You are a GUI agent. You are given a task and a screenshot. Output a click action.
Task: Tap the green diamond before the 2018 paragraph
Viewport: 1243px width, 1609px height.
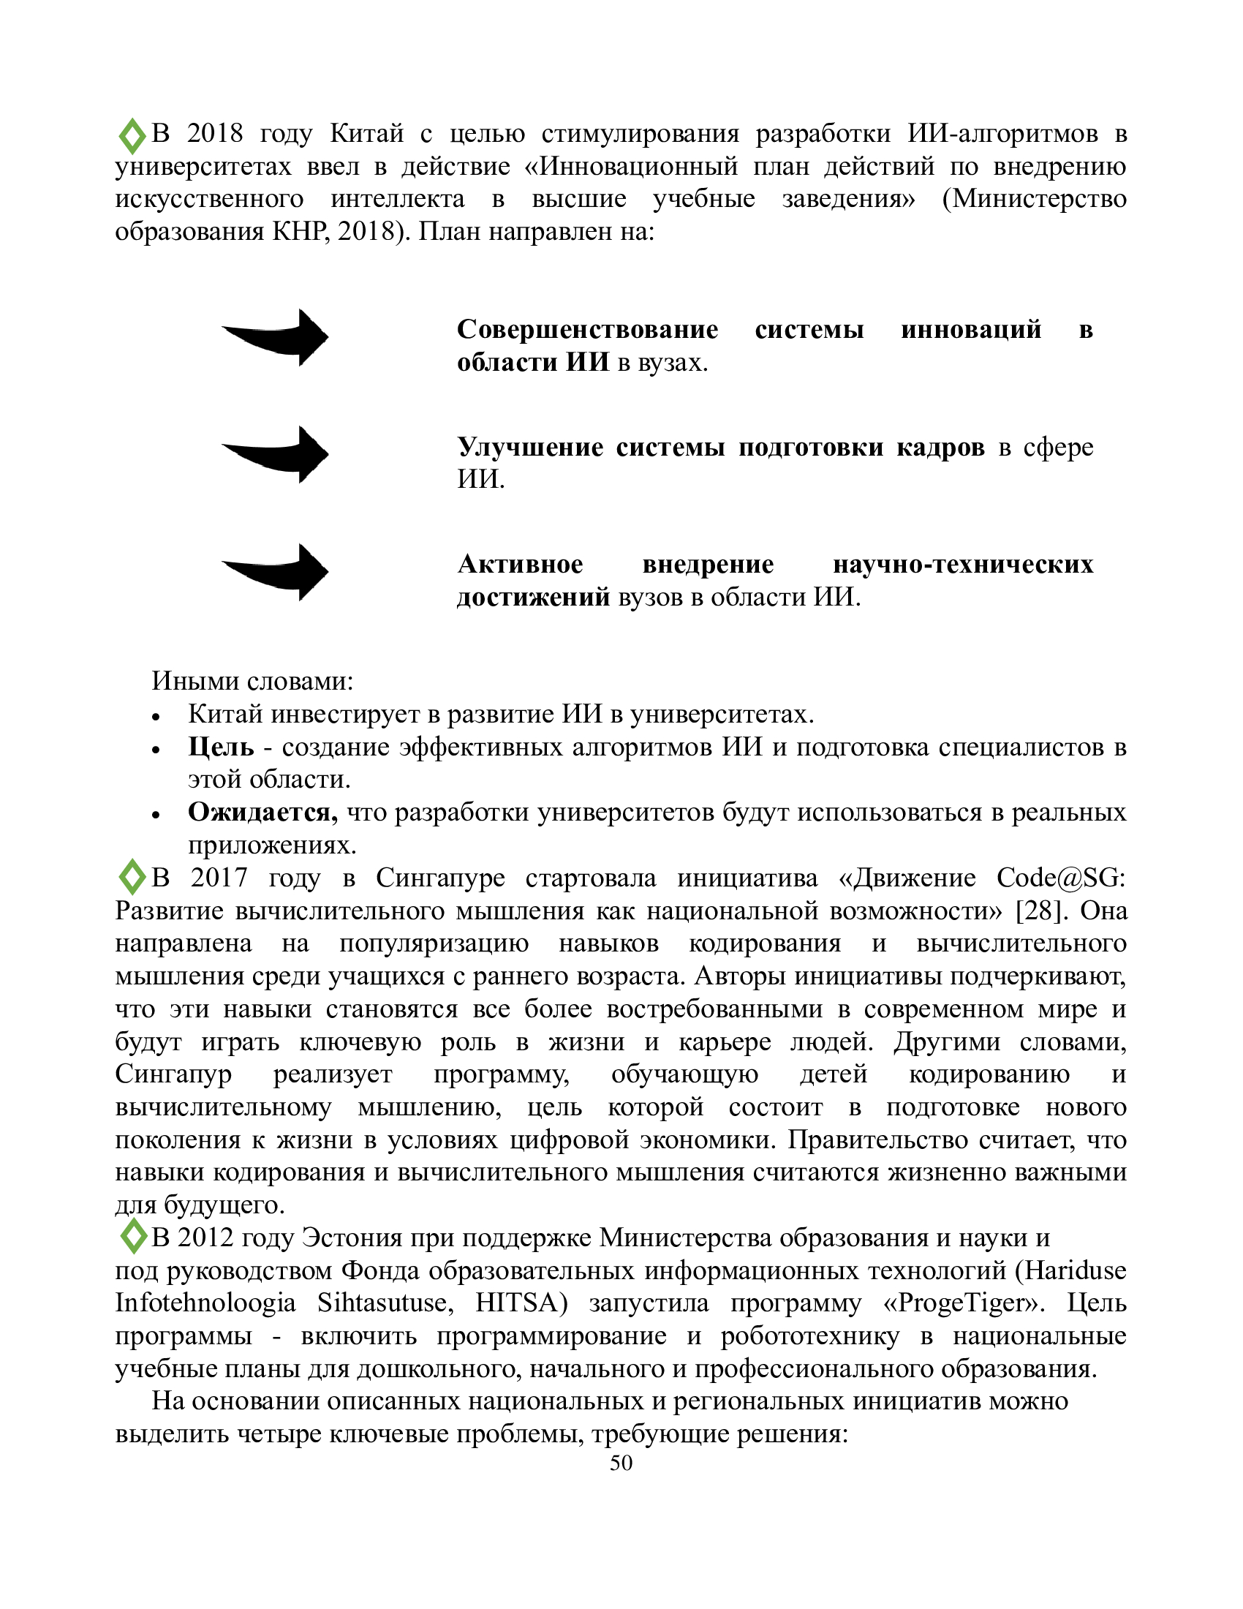click(x=132, y=136)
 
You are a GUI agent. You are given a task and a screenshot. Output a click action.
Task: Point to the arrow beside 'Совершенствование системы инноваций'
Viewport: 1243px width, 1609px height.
click(x=276, y=337)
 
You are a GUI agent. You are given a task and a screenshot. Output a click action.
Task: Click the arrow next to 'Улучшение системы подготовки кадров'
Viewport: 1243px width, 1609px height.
click(x=276, y=455)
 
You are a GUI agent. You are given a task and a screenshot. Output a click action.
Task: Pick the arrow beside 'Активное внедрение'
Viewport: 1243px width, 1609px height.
click(x=276, y=572)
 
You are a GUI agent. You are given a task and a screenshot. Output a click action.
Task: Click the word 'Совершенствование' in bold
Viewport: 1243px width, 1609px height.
click(x=587, y=329)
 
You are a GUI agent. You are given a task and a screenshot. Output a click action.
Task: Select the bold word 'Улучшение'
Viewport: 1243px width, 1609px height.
click(x=529, y=447)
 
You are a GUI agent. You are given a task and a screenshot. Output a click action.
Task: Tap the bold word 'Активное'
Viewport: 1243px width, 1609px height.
click(x=520, y=565)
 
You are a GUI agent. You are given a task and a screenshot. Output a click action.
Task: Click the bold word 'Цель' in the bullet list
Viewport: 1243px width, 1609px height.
click(x=221, y=747)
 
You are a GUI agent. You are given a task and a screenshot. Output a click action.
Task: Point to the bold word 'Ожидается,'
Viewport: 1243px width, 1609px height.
click(x=262, y=812)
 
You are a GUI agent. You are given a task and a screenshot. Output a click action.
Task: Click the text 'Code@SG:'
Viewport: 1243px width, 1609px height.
click(x=1061, y=878)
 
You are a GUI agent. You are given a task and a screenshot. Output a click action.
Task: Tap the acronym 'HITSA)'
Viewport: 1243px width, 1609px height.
click(x=521, y=1303)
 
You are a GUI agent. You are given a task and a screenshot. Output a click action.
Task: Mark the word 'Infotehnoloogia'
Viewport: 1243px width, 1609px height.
click(x=205, y=1303)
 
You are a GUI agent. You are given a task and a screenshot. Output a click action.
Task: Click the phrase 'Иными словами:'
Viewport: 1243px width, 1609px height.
click(x=252, y=681)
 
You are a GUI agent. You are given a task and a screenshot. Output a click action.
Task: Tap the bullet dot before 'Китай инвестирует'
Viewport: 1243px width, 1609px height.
click(x=155, y=717)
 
